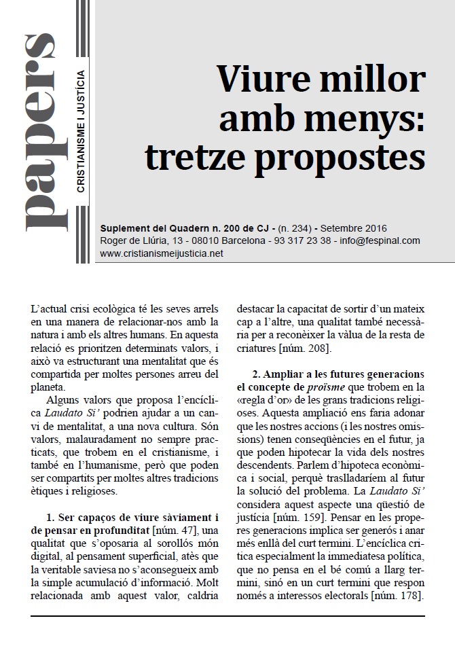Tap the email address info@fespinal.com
pos(378,240)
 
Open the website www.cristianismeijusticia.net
pos(161,253)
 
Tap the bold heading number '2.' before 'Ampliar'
pos(256,374)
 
